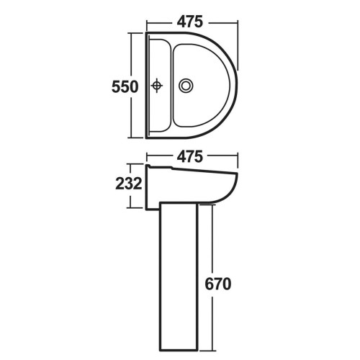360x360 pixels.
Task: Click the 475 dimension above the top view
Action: click(x=190, y=22)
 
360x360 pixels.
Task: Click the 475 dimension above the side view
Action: click(x=190, y=157)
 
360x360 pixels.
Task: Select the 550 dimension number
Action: click(x=125, y=86)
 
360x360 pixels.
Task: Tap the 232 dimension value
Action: click(x=129, y=184)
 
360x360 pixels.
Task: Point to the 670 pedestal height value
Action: click(x=218, y=284)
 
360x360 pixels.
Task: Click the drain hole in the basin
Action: click(x=186, y=86)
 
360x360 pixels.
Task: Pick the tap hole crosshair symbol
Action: click(x=157, y=86)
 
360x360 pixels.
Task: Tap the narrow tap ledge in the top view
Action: click(x=160, y=86)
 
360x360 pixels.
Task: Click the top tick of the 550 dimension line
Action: click(x=135, y=33)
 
